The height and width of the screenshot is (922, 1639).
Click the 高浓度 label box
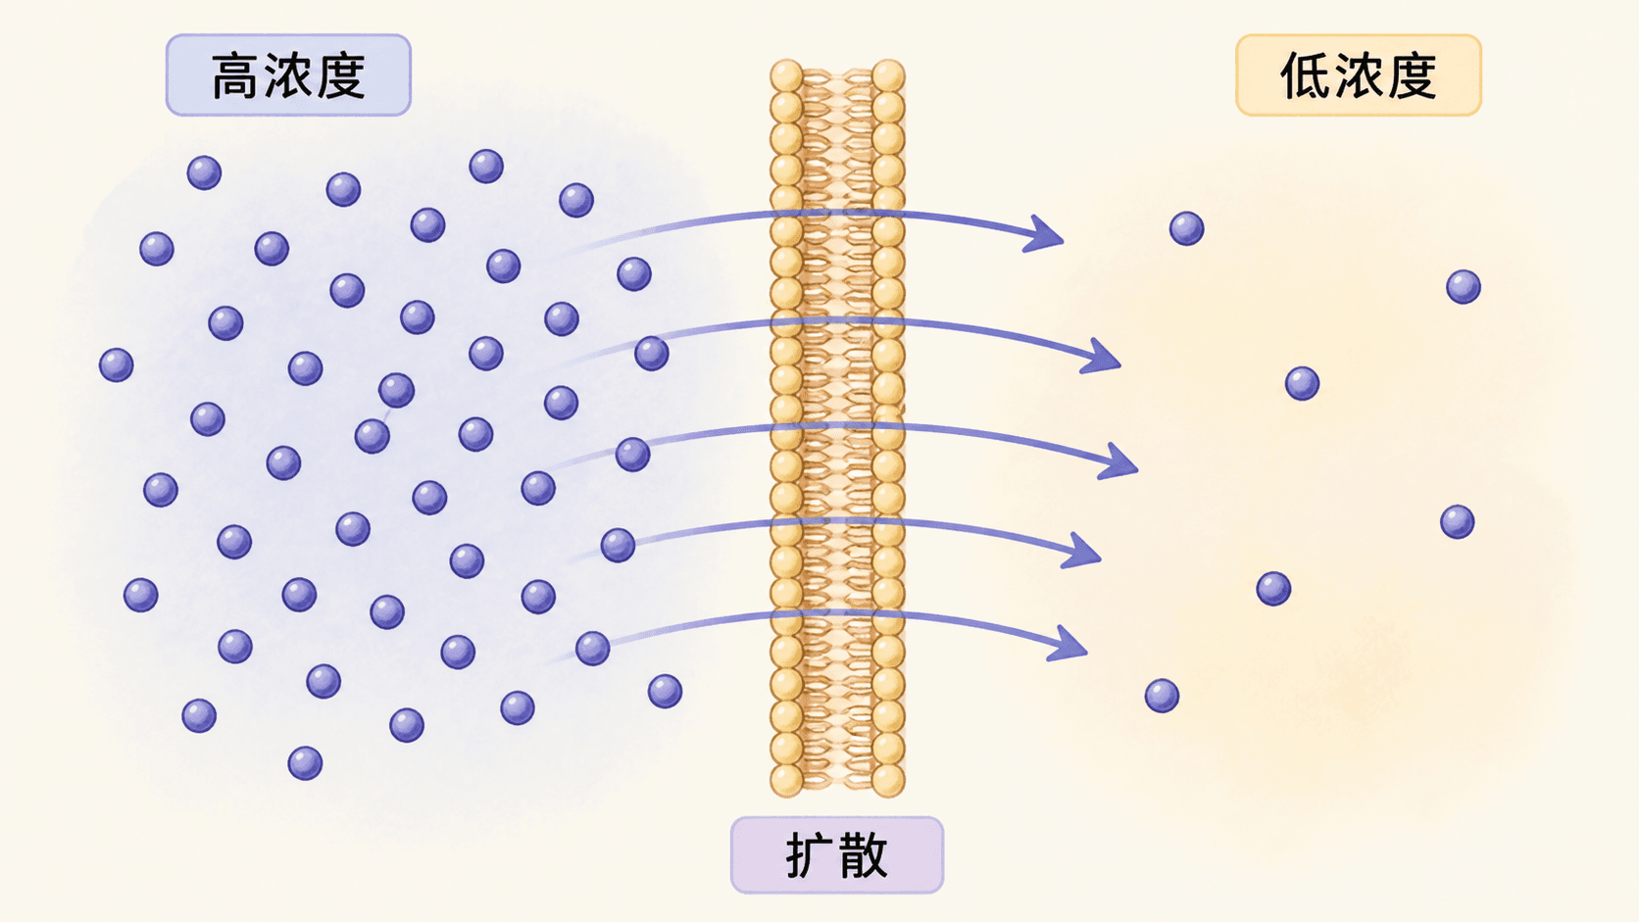pos(288,75)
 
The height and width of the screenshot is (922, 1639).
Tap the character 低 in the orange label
pos(1305,75)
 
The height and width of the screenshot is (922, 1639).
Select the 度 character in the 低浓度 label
pos(1413,75)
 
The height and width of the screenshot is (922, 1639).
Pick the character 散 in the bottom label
pos(865,854)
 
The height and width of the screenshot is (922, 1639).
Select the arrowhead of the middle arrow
pos(1118,461)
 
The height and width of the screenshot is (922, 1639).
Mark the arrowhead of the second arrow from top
pos(1102,357)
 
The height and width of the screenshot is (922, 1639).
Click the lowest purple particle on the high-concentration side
pos(305,763)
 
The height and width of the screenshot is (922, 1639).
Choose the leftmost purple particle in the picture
pos(117,364)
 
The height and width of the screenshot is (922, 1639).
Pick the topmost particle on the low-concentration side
pos(1187,229)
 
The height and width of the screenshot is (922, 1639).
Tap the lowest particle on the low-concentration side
pos(1162,696)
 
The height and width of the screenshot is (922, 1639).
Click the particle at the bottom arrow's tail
pos(593,648)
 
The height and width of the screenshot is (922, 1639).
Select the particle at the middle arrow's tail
pos(633,455)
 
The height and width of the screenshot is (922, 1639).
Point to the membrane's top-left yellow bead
pos(786,76)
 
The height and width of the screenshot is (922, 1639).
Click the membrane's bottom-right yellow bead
pos(888,780)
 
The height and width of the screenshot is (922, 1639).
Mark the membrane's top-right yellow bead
pos(888,76)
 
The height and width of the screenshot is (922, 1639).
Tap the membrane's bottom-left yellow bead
pos(786,780)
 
